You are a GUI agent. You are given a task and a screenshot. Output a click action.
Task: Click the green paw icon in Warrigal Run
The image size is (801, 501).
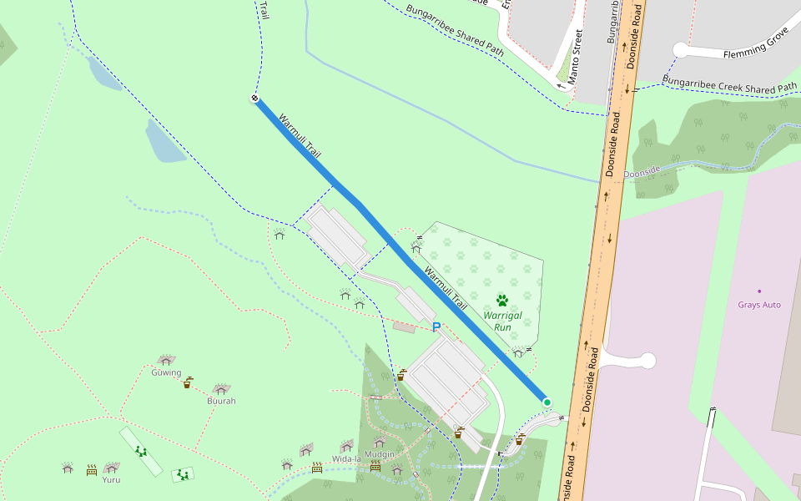[x=502, y=300]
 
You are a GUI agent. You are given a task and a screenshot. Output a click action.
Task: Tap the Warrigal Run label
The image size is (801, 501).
[x=502, y=321]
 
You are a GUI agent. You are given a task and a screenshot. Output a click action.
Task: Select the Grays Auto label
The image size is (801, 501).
[x=759, y=305]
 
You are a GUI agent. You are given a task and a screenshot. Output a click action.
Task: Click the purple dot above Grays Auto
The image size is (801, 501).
[x=759, y=291]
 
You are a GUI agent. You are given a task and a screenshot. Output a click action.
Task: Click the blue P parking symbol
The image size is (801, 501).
[x=436, y=327]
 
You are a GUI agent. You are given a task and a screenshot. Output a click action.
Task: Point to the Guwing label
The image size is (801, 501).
[x=166, y=373]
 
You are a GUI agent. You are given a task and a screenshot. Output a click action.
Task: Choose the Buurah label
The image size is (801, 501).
[x=221, y=401]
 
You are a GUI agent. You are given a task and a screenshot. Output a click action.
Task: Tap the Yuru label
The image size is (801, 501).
[x=111, y=480]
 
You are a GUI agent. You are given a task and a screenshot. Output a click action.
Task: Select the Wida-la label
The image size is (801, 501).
[x=345, y=459]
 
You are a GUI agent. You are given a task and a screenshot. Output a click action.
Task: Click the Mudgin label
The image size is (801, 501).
[x=380, y=454]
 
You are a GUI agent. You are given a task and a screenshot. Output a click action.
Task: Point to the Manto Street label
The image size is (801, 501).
[x=575, y=58]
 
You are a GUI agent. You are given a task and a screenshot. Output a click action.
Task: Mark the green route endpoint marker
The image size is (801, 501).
[x=547, y=402]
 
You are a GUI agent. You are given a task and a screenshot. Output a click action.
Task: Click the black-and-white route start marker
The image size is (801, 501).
[x=254, y=99]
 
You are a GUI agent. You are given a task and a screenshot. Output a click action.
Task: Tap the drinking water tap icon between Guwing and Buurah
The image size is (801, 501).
[x=189, y=383]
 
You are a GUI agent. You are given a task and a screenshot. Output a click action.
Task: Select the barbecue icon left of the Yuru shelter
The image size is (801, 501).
[x=92, y=470]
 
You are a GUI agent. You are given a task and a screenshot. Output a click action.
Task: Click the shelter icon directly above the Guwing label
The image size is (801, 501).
[x=166, y=361]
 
